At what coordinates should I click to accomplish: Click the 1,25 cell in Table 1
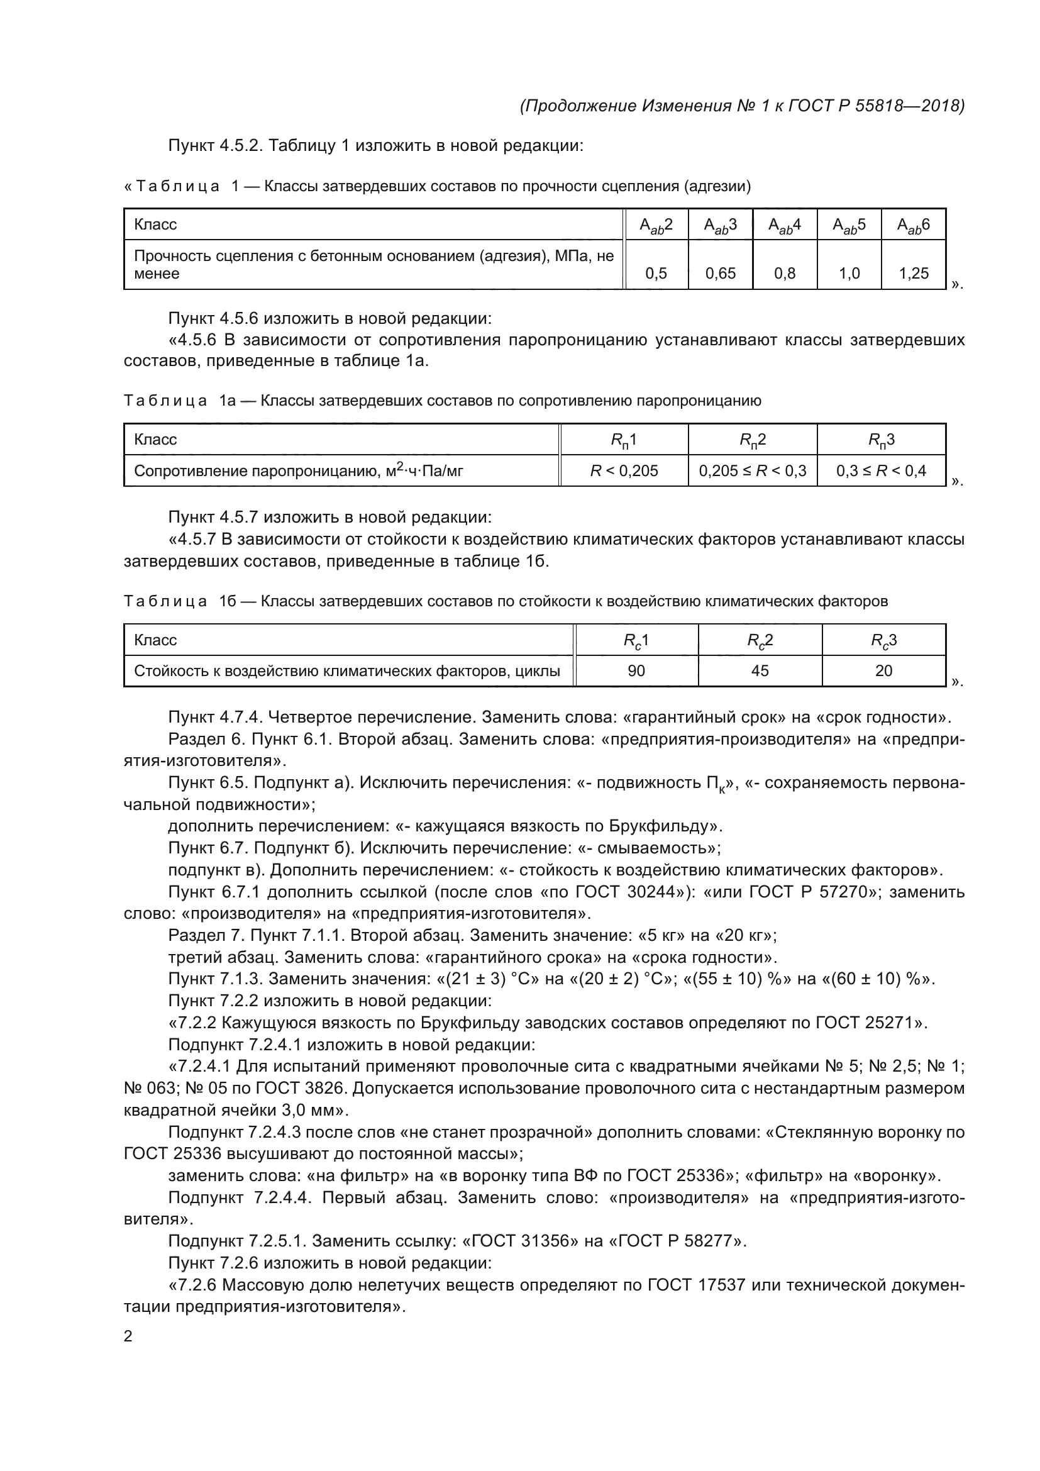click(x=913, y=274)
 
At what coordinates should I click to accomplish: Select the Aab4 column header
click(x=785, y=225)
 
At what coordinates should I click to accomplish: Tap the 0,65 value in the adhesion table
click(x=721, y=274)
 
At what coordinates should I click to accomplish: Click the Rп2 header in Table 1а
click(x=753, y=440)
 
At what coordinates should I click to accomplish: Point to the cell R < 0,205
click(x=624, y=471)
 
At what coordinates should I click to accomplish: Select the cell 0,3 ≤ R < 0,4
click(x=881, y=471)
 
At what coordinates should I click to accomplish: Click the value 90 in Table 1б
click(x=636, y=671)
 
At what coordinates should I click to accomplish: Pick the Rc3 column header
click(x=883, y=640)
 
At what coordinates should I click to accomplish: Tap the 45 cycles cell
click(x=760, y=671)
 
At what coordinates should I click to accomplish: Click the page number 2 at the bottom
click(x=128, y=1336)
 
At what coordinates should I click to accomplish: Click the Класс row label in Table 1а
click(x=155, y=440)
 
